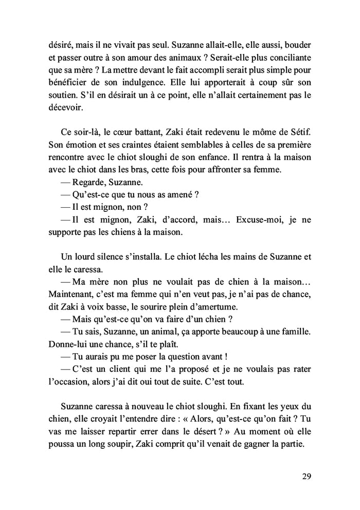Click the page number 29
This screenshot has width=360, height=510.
pyautogui.click(x=306, y=476)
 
